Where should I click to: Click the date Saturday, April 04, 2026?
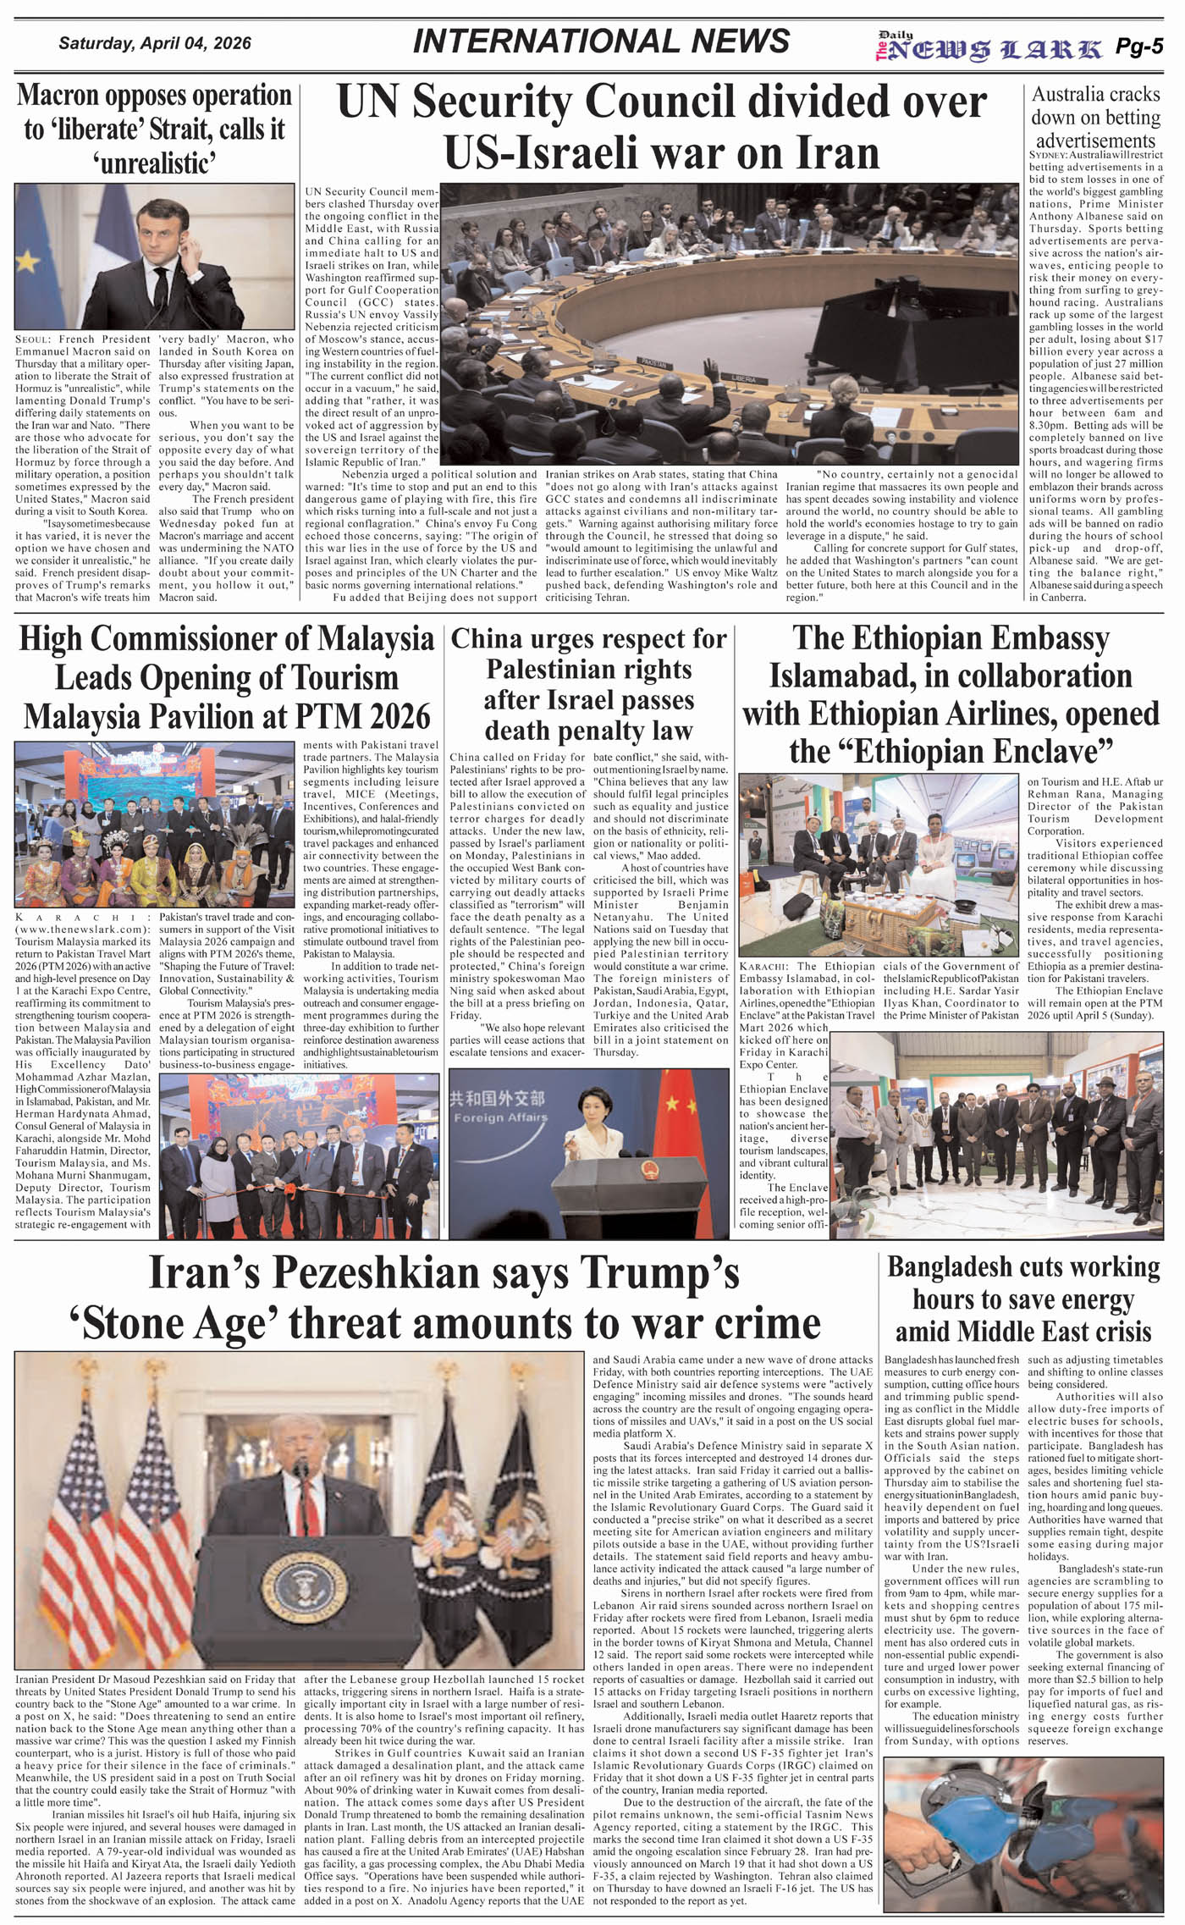[x=154, y=43]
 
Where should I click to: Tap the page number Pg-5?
[x=1139, y=47]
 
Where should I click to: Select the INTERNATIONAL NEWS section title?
[x=601, y=41]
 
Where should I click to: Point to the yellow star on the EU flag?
[x=27, y=262]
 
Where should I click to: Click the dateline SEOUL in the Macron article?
[x=31, y=339]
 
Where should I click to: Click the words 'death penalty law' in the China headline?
[x=588, y=730]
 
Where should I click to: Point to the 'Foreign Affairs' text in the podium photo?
[x=499, y=1117]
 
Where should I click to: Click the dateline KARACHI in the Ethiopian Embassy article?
[x=764, y=967]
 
